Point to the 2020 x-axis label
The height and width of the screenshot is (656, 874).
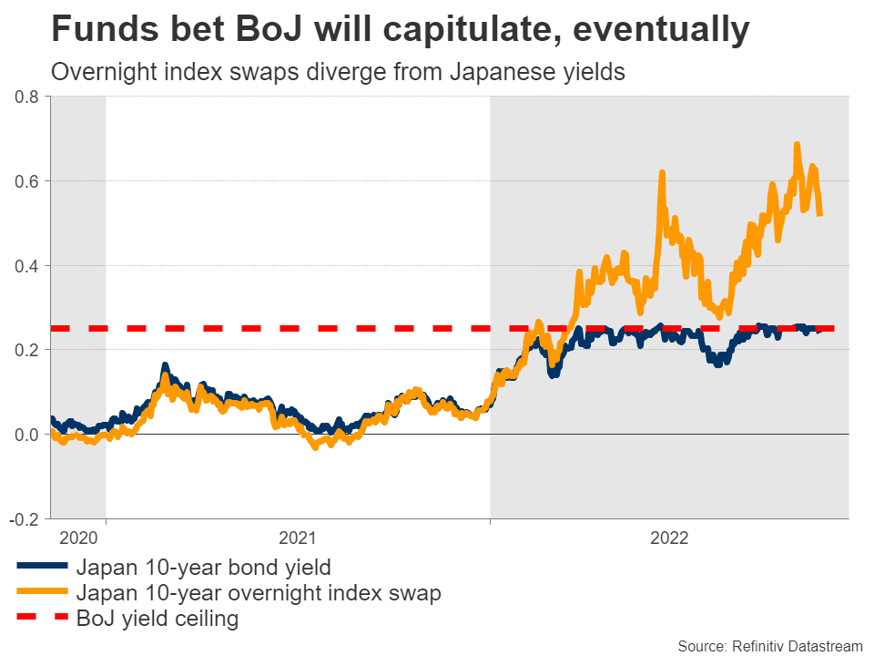(77, 538)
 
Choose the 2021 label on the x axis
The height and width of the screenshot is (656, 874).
(297, 538)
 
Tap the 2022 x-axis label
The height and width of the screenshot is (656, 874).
(669, 538)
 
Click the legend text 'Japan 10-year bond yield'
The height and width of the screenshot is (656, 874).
(203, 567)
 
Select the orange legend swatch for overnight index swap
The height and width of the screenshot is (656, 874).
(41, 592)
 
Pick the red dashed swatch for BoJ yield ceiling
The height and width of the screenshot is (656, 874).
(41, 619)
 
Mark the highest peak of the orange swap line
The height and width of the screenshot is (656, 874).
(797, 144)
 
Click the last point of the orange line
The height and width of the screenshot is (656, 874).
(821, 214)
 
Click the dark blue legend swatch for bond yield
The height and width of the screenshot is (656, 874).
(41, 567)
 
